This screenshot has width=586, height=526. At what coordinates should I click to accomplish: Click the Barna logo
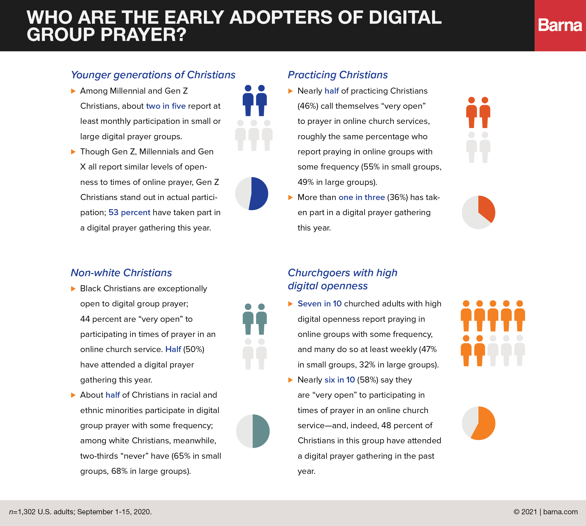tap(560, 26)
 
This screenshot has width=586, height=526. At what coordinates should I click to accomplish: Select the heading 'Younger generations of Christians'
tap(153, 75)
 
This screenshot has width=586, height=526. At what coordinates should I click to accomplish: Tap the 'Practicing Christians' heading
tap(338, 75)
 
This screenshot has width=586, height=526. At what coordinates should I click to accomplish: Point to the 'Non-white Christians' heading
tap(121, 273)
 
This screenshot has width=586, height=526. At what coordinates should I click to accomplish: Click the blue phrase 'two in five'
tap(166, 106)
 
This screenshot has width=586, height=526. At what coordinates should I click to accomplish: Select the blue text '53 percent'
tap(129, 213)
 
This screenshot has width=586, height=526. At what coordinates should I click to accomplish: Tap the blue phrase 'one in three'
tap(361, 197)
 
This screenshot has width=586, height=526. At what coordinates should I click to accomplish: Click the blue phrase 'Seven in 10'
tap(320, 304)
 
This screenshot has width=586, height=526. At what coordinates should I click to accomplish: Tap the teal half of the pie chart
tap(261, 431)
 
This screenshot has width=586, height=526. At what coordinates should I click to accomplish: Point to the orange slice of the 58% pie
tap(485, 425)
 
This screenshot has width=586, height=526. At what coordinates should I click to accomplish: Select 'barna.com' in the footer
tap(560, 512)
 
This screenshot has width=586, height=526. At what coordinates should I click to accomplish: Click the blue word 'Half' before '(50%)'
tap(173, 349)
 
